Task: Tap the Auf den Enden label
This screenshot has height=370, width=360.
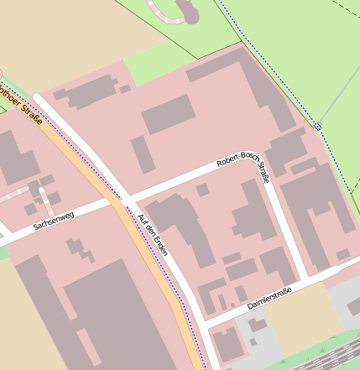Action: (x=153, y=234)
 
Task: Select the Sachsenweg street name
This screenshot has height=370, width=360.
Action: (x=54, y=220)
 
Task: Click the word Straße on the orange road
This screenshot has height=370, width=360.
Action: (x=33, y=110)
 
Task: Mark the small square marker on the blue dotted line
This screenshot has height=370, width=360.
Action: (x=318, y=127)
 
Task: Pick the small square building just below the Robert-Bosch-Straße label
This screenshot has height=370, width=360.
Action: (x=202, y=190)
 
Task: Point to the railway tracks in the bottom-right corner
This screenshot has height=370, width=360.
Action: (x=327, y=357)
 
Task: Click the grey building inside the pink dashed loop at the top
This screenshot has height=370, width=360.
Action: (x=188, y=10)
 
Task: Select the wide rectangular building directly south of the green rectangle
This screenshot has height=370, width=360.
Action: (x=168, y=114)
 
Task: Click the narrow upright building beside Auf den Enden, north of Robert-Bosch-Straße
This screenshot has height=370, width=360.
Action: (x=143, y=154)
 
